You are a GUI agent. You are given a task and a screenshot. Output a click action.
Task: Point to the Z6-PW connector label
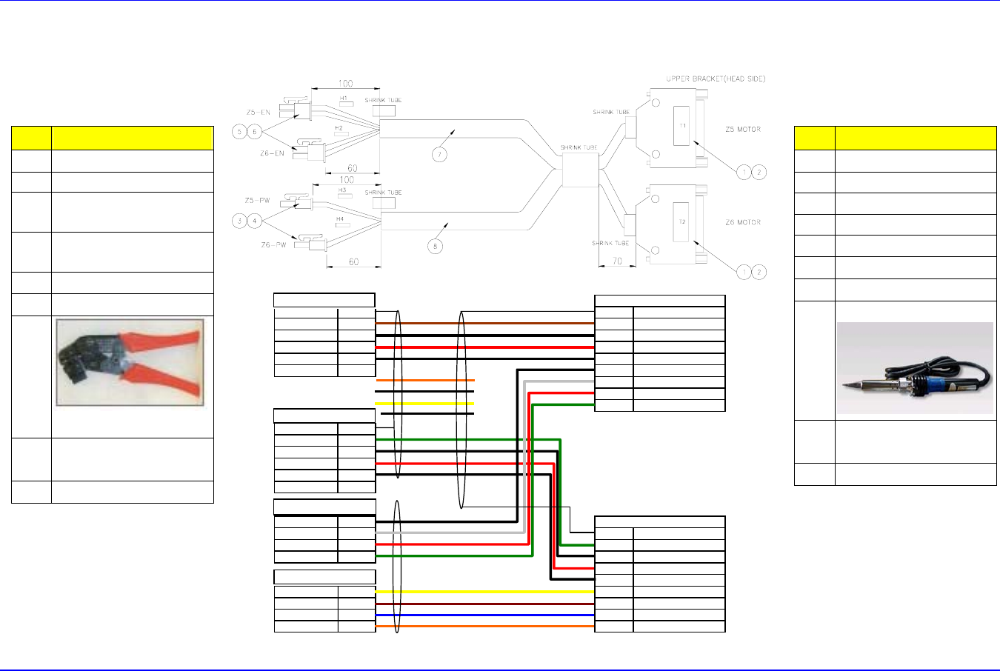[273, 244]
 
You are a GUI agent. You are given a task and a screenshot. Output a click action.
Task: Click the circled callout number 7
[440, 155]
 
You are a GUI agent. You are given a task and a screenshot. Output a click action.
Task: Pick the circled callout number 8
[436, 246]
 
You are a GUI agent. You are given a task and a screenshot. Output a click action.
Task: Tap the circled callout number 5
[239, 132]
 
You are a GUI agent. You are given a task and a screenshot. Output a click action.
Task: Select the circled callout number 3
[239, 221]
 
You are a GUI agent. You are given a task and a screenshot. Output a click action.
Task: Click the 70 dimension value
[616, 261]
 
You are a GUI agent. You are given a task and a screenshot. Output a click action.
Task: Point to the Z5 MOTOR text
[742, 130]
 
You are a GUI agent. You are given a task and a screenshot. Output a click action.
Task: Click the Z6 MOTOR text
[742, 222]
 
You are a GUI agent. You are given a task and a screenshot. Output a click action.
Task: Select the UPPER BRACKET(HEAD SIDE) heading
[715, 79]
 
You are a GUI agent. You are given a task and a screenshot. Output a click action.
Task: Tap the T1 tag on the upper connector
[682, 126]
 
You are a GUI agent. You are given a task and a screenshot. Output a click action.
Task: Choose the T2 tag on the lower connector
[682, 222]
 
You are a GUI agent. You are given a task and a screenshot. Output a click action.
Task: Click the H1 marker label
[344, 99]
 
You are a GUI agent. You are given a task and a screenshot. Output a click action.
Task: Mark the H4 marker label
[340, 219]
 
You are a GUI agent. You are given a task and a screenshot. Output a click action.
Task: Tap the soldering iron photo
[915, 368]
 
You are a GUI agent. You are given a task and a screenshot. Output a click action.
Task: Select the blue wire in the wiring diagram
[485, 615]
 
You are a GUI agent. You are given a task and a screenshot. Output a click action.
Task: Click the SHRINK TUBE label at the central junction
[579, 148]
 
